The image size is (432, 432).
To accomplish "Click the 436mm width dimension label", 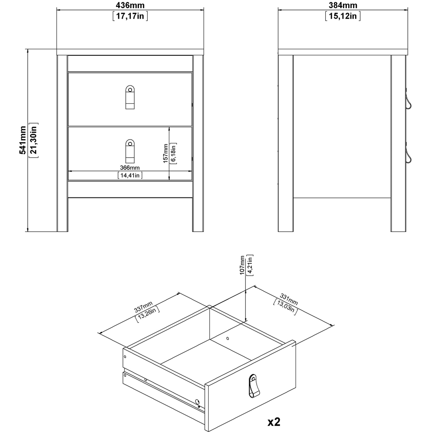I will (130, 6).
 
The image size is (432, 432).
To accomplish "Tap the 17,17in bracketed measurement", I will (130, 17).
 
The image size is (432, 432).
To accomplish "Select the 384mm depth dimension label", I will (343, 6).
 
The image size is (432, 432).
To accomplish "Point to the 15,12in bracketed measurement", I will (343, 17).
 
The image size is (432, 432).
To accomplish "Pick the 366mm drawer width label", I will (130, 168).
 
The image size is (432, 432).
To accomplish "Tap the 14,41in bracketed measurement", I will (130, 175).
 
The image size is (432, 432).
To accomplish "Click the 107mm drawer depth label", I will (242, 264).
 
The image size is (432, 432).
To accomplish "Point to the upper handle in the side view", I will (408, 102).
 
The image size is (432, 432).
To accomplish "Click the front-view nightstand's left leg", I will (63, 143).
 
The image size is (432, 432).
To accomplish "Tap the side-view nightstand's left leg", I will (286, 143).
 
